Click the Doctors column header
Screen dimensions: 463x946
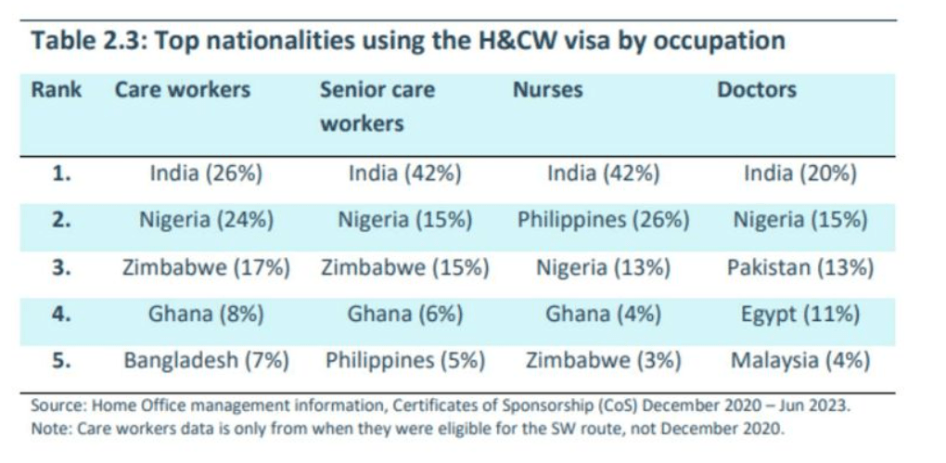(756, 90)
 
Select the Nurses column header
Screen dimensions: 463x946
(547, 90)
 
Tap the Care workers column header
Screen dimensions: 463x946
(182, 90)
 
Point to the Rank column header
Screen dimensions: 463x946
(56, 90)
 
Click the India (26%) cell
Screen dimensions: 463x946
(206, 174)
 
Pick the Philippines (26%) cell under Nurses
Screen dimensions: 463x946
(603, 221)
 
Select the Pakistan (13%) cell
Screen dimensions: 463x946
(799, 267)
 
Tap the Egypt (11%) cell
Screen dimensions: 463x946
(799, 315)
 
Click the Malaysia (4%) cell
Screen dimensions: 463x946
(799, 361)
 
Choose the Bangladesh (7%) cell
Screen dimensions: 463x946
(206, 361)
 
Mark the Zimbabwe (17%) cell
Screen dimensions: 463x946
(206, 267)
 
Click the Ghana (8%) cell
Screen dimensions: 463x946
(206, 315)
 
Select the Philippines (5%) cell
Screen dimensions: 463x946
(405, 361)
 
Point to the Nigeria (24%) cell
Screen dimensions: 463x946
(206, 221)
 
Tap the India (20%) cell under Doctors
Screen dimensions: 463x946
(799, 174)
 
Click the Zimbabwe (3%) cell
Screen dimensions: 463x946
(603, 361)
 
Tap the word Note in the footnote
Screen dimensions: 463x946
(48, 429)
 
